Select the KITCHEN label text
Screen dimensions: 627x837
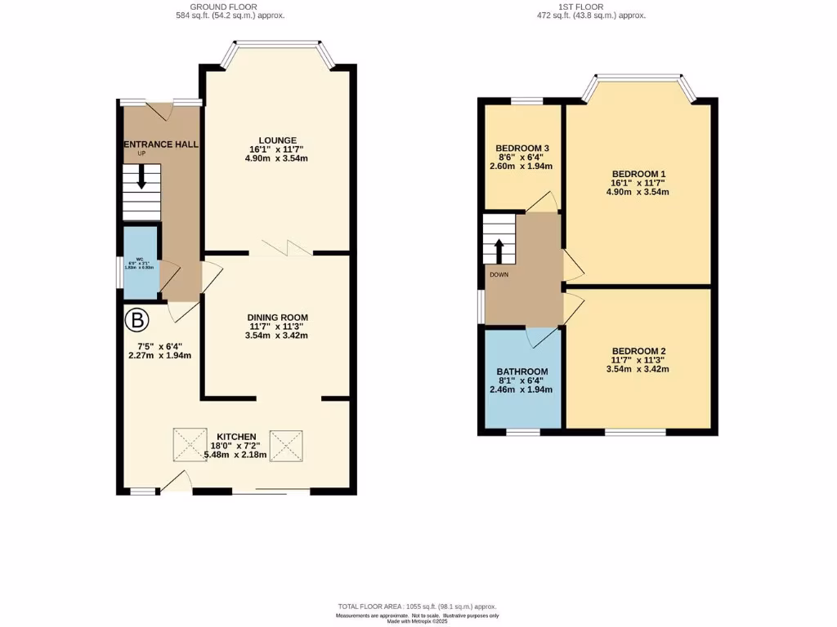point(237,436)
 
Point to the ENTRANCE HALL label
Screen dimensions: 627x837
point(161,145)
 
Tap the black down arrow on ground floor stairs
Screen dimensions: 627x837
point(142,177)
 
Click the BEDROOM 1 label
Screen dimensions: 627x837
point(639,174)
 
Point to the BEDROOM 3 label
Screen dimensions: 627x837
point(521,147)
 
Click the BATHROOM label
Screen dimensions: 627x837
point(522,371)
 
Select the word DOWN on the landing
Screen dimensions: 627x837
point(499,274)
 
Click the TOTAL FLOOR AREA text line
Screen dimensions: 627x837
point(418,607)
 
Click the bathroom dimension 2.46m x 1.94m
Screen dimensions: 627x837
point(521,389)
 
